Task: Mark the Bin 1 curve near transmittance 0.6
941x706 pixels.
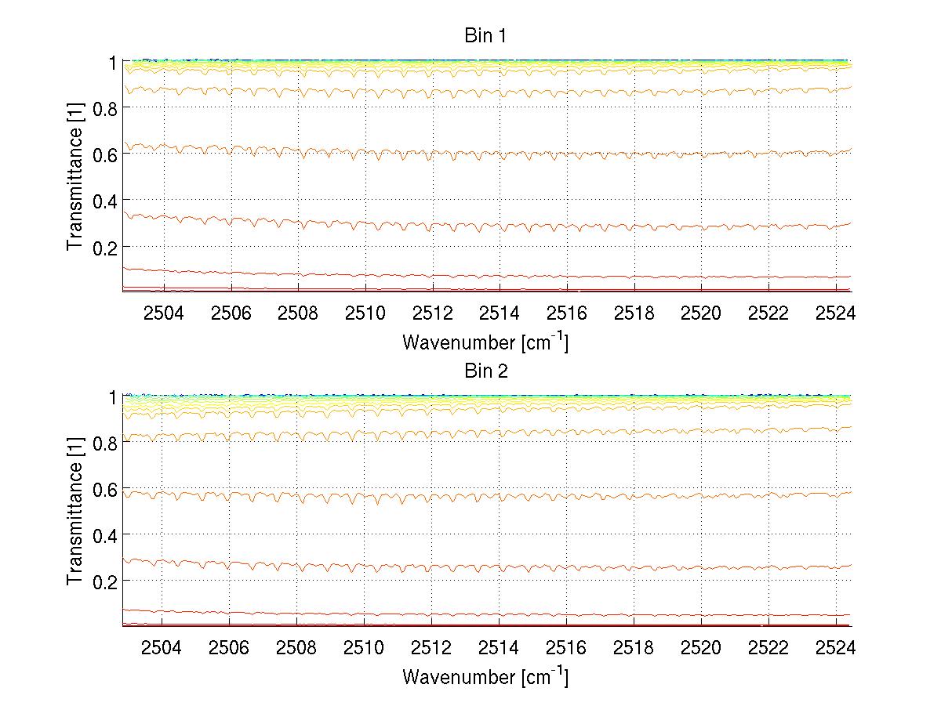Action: pos(502,154)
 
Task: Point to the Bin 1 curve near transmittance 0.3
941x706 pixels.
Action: pos(502,227)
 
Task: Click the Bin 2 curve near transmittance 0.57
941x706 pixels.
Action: pos(502,496)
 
